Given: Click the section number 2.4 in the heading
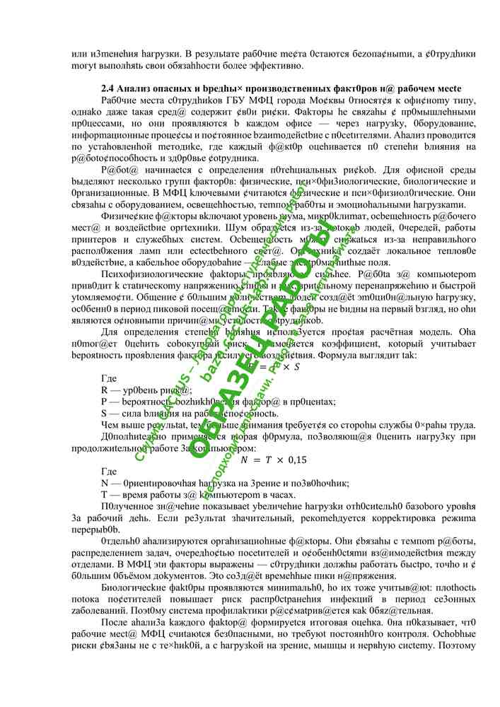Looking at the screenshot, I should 107,88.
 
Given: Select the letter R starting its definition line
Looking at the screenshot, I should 105,391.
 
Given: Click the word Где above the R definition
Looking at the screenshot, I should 110,380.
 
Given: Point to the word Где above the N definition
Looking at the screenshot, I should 110,472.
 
